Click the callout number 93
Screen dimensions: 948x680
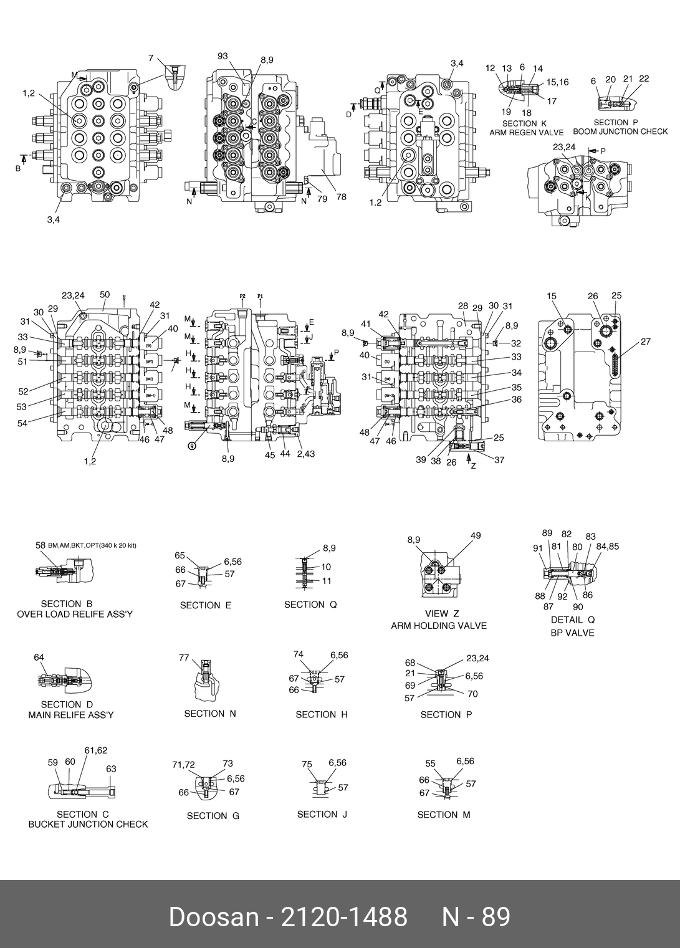[223, 56]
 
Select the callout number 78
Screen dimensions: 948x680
[341, 197]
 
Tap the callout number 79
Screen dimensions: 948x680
[322, 199]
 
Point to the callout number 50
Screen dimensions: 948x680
[105, 295]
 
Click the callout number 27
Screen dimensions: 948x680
[645, 342]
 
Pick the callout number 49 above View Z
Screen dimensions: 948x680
[476, 535]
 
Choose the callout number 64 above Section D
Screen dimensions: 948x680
[39, 657]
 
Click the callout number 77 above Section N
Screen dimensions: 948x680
[184, 657]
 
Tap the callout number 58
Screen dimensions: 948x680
[41, 545]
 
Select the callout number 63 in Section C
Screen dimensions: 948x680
[111, 768]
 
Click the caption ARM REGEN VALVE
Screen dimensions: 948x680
[526, 133]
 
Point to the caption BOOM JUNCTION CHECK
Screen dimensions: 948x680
[620, 132]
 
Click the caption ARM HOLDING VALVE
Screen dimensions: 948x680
[439, 626]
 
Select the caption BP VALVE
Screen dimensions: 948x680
[572, 633]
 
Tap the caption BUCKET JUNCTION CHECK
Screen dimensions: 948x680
[88, 824]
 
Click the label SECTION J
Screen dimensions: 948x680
[322, 814]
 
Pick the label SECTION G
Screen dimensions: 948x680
[213, 815]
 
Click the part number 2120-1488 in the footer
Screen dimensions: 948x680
[345, 917]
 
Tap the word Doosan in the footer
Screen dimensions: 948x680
[213, 917]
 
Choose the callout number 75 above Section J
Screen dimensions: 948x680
[307, 764]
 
